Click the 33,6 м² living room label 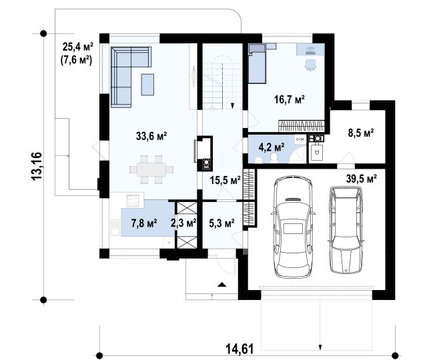[x=151, y=136]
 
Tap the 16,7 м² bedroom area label [x=289, y=99]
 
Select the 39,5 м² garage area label [x=362, y=179]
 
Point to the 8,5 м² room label [x=361, y=133]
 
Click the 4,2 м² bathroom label [x=272, y=147]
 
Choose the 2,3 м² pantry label [x=183, y=223]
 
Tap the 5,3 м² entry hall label [x=222, y=223]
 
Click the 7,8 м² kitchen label [x=144, y=223]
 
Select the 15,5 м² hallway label [x=226, y=181]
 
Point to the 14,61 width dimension [x=240, y=349]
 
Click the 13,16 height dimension [x=37, y=166]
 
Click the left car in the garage [x=293, y=227]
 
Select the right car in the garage [x=346, y=230]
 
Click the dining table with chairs [x=151, y=169]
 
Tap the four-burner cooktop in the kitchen [x=133, y=201]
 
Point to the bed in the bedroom [x=257, y=63]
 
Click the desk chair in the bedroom [x=310, y=65]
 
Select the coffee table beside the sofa [x=147, y=85]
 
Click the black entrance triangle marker [x=222, y=285]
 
